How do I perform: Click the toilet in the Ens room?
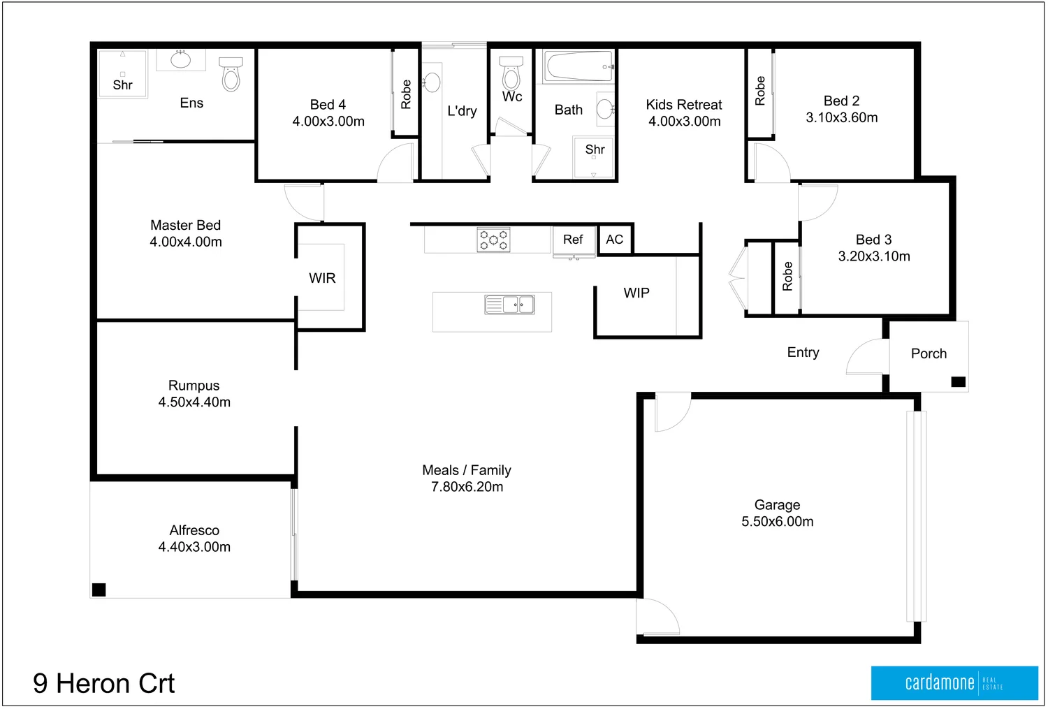[x=231, y=74]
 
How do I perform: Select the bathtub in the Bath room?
[x=579, y=67]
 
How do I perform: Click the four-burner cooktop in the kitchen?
[x=493, y=240]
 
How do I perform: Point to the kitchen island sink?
[x=509, y=305]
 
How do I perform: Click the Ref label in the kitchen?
[x=573, y=240]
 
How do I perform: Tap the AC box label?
[x=615, y=240]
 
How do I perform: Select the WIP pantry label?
[x=636, y=293]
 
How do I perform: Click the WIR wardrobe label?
[x=322, y=278]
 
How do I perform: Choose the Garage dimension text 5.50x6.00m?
[x=777, y=522]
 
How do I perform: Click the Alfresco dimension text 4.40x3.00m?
[x=194, y=547]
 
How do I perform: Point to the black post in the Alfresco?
[x=99, y=590]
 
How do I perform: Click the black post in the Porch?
[x=959, y=381]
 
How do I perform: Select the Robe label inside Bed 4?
[x=406, y=94]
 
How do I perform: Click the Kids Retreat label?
[x=684, y=105]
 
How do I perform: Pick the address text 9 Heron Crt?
[x=103, y=683]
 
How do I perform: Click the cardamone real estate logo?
[x=954, y=682]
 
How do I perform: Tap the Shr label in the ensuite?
[x=122, y=85]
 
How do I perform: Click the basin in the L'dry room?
[x=432, y=82]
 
